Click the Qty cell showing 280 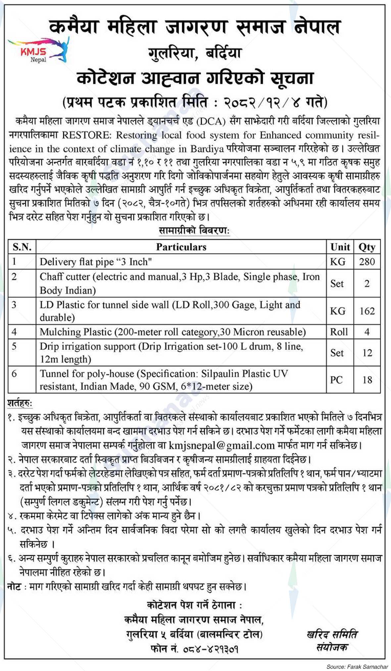(367, 262)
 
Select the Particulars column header (181, 247)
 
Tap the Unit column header (340, 247)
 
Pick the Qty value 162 (367, 311)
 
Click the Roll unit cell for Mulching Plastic (339, 332)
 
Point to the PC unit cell (336, 380)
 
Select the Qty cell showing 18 (367, 380)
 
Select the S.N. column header (22, 247)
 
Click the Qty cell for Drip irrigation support (367, 353)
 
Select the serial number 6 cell (14, 374)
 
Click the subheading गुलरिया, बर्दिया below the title (195, 53)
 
